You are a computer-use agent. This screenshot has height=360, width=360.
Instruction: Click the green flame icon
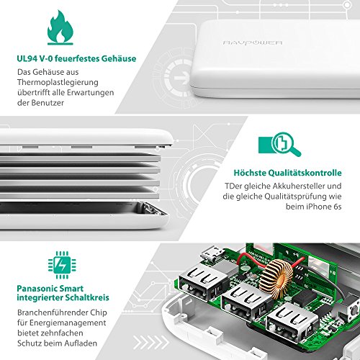(x=60, y=27)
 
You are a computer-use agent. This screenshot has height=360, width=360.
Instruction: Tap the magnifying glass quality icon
(x=279, y=144)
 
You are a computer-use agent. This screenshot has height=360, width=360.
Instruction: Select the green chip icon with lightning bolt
(x=62, y=265)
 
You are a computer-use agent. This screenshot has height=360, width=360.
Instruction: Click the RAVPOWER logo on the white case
(x=253, y=42)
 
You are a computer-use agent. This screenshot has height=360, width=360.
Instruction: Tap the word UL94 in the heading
(x=27, y=58)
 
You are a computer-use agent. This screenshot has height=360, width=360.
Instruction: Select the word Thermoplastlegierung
(x=58, y=82)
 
